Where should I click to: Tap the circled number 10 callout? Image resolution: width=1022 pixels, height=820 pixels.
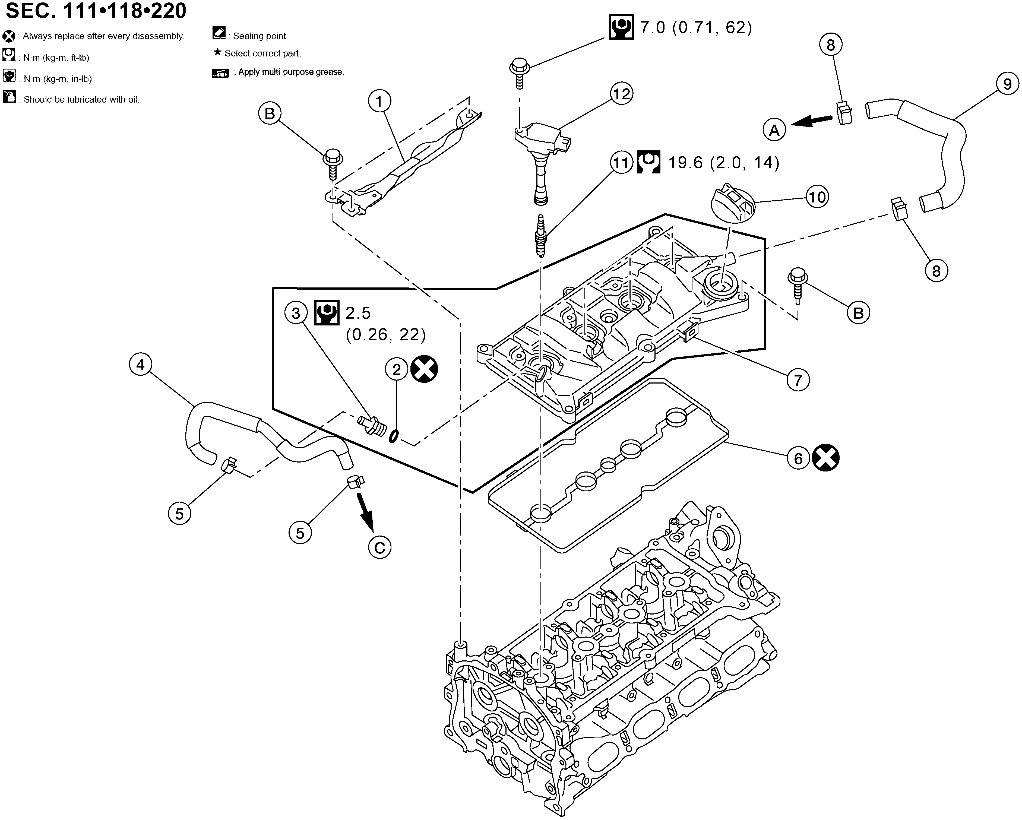pyautogui.click(x=817, y=197)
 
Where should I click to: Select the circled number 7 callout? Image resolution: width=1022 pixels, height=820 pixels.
pyautogui.click(x=798, y=380)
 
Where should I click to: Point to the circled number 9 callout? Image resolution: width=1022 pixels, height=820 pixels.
pyautogui.click(x=1007, y=84)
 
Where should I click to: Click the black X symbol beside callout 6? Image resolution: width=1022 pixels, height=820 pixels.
pyautogui.click(x=826, y=458)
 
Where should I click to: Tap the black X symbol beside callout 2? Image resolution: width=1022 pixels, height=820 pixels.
pyautogui.click(x=424, y=369)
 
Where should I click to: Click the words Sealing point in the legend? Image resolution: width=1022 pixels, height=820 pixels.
pyautogui.click(x=259, y=36)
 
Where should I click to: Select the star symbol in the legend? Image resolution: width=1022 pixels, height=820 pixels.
pyautogui.click(x=218, y=52)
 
